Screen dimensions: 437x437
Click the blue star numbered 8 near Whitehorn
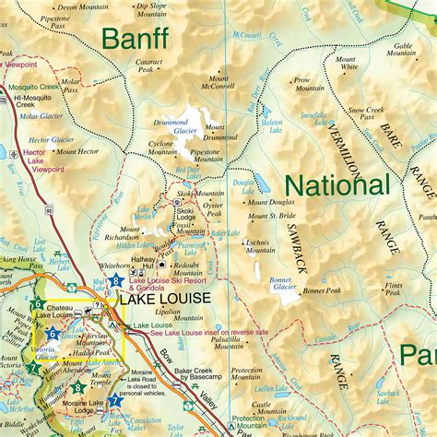click(x=116, y=281)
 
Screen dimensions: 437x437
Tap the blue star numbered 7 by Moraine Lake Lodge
click(x=114, y=401)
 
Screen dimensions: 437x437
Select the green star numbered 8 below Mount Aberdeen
click(x=77, y=388)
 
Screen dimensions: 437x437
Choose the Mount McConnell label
click(x=218, y=83)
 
